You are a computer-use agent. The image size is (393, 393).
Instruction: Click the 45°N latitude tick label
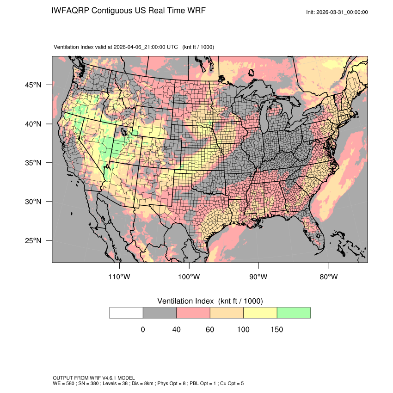point(33,85)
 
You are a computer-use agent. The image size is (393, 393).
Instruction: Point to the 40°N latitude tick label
point(33,124)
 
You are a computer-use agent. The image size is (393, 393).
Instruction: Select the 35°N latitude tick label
point(33,163)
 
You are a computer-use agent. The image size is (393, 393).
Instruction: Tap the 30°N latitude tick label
point(33,202)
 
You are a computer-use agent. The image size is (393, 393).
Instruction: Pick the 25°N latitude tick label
point(33,240)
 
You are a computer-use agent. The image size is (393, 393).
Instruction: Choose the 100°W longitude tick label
point(189,277)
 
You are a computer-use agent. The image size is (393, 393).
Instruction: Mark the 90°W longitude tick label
point(258,277)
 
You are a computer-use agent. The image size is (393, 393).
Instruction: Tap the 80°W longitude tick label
point(328,277)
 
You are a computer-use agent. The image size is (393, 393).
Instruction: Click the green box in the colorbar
point(294,313)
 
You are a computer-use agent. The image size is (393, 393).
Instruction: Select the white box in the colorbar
point(126,313)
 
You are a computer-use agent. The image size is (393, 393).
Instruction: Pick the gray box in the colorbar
point(160,313)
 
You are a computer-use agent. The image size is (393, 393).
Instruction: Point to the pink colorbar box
point(193,313)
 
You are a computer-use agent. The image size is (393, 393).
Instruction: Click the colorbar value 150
point(276,330)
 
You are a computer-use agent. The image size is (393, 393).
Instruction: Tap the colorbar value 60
point(210,330)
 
